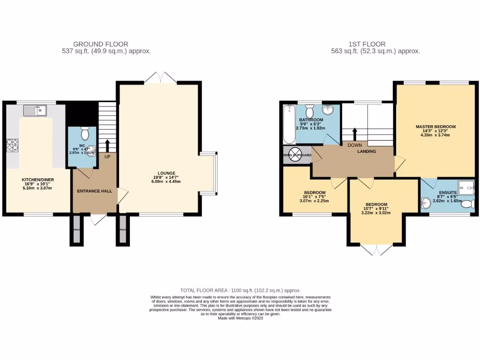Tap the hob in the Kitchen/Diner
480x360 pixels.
(x=12, y=146)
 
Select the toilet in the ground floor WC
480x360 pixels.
(x=85, y=134)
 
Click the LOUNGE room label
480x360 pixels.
(x=166, y=173)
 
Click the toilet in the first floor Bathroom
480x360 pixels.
(x=309, y=111)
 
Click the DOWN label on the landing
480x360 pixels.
(x=355, y=145)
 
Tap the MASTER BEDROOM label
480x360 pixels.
(x=435, y=127)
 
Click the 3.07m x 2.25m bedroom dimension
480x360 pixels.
(x=314, y=201)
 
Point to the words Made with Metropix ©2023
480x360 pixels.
(x=240, y=318)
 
